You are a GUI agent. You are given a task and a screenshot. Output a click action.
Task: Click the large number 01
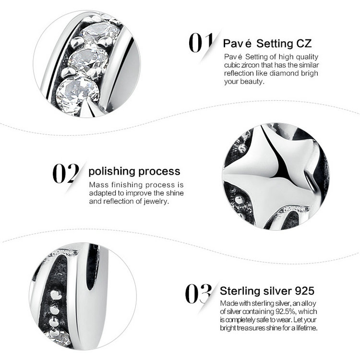(201, 42)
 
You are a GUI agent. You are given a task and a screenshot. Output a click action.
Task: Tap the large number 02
(66, 173)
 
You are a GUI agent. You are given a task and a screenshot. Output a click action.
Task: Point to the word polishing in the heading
(111, 171)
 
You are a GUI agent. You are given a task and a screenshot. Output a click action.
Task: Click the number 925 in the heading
(304, 291)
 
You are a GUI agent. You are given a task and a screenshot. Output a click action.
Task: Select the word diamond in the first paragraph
(284, 73)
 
